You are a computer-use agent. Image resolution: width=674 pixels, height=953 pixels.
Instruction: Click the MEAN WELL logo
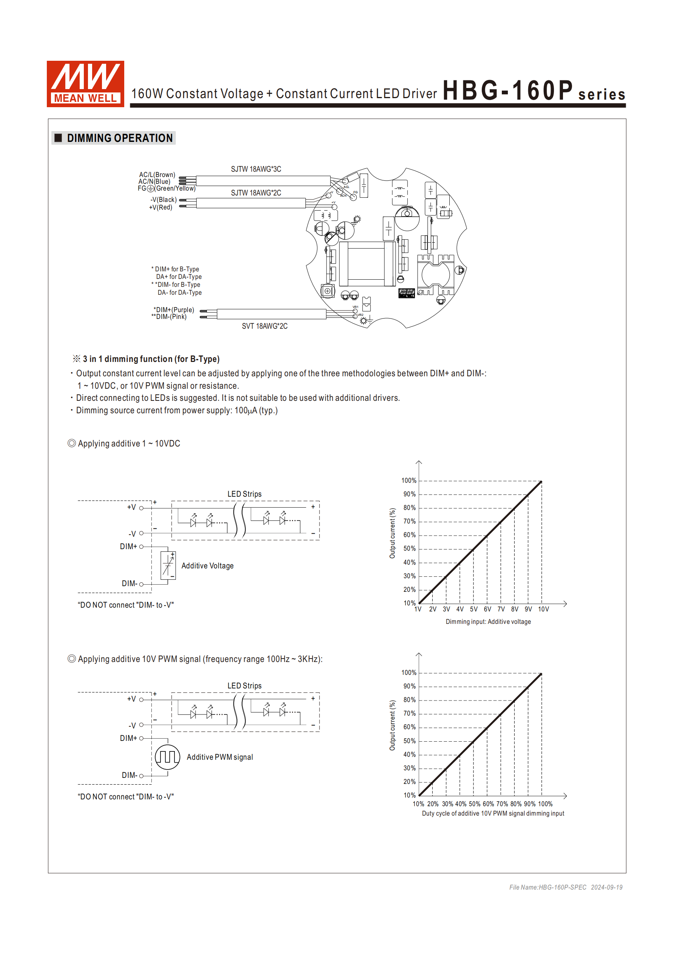pyautogui.click(x=85, y=84)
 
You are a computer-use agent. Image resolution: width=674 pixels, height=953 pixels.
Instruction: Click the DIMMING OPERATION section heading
pyautogui.click(x=120, y=138)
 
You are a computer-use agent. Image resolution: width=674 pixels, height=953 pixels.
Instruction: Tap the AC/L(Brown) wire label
pyautogui.click(x=157, y=175)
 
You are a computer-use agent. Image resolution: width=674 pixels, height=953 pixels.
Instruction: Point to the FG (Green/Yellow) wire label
pyautogui.click(x=167, y=188)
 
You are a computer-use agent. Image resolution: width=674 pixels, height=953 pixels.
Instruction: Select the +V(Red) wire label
pyautogui.click(x=161, y=208)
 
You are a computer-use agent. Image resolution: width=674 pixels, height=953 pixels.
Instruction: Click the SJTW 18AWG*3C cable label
pyautogui.click(x=256, y=169)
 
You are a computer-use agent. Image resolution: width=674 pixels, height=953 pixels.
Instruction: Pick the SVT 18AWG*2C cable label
pyautogui.click(x=265, y=326)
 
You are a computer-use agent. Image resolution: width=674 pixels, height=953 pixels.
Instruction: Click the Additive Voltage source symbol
pyautogui.click(x=168, y=565)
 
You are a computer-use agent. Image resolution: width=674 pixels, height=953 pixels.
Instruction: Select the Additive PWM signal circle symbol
pyautogui.click(x=167, y=757)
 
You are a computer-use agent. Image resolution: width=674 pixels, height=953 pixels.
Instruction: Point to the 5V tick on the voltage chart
pyautogui.click(x=474, y=609)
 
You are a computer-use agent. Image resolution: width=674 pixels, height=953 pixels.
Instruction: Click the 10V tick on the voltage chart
pyautogui.click(x=543, y=609)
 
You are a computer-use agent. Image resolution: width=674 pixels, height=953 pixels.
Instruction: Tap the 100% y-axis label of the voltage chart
pyautogui.click(x=409, y=480)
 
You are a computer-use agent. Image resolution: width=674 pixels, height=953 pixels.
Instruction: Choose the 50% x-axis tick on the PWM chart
pyautogui.click(x=474, y=804)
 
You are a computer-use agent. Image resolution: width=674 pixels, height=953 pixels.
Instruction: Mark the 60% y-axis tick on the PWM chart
pyautogui.click(x=409, y=727)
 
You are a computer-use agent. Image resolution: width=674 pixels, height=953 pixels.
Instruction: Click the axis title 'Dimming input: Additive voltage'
pyautogui.click(x=488, y=622)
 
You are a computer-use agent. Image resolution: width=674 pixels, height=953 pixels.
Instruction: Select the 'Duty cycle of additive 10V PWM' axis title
pyautogui.click(x=493, y=813)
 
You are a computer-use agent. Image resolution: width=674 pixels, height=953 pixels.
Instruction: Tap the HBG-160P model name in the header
pyautogui.click(x=507, y=91)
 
